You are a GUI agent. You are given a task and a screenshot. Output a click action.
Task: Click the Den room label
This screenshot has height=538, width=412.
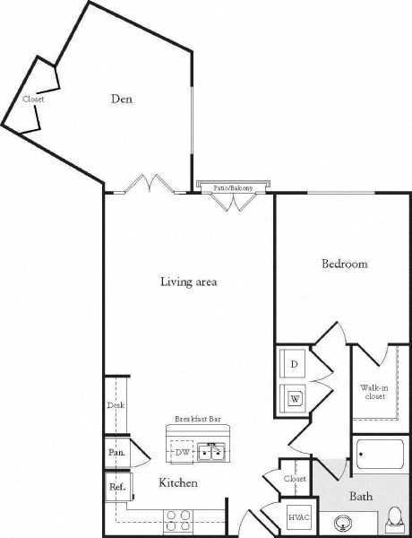[x=121, y=100]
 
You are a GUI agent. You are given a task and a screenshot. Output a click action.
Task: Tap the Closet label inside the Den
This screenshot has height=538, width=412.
[x=33, y=100]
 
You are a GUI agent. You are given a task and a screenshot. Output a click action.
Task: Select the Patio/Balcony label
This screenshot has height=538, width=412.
[x=232, y=188]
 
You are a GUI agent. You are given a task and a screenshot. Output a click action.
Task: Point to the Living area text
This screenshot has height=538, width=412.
[x=188, y=282]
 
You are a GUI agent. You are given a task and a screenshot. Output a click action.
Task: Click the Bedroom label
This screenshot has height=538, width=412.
[x=345, y=265]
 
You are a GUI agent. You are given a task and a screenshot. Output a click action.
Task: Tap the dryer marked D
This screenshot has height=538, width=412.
[x=293, y=364]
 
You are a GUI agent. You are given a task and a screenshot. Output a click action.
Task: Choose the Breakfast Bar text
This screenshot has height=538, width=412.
[x=197, y=419]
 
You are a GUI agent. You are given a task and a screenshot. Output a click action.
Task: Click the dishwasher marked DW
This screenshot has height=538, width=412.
[x=183, y=453]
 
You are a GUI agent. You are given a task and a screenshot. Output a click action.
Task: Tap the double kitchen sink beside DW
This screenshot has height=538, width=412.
[x=212, y=451]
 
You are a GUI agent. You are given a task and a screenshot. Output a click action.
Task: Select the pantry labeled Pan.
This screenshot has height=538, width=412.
[x=116, y=452]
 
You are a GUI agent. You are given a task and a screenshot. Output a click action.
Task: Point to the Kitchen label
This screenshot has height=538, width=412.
[x=177, y=483]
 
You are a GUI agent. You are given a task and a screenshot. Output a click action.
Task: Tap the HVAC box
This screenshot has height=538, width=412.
[x=296, y=519]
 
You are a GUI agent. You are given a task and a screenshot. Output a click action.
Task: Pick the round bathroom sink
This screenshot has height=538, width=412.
[x=341, y=523]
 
